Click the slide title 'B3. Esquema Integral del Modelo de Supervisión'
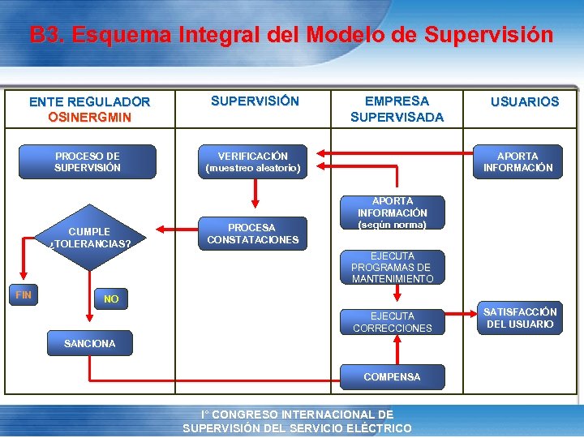(x=291, y=36)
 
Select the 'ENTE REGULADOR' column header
(x=89, y=102)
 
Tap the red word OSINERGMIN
(x=89, y=117)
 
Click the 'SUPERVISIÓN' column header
(x=255, y=101)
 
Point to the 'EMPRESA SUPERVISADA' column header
(x=397, y=109)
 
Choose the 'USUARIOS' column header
(x=524, y=102)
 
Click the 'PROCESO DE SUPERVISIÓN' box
(x=88, y=161)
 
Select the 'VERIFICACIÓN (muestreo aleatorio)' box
(x=253, y=161)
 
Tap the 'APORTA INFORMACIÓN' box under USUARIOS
(x=517, y=161)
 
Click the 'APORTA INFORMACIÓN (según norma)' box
(x=393, y=212)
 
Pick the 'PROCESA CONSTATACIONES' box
(x=253, y=234)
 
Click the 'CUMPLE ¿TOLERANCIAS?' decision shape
(x=89, y=237)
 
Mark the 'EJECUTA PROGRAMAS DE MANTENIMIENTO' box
(x=393, y=267)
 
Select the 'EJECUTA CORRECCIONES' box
(x=393, y=322)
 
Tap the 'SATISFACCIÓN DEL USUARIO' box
(x=520, y=318)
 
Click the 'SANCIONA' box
(x=89, y=343)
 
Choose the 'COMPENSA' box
(x=393, y=377)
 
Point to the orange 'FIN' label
(x=24, y=295)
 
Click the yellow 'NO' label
(x=111, y=299)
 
